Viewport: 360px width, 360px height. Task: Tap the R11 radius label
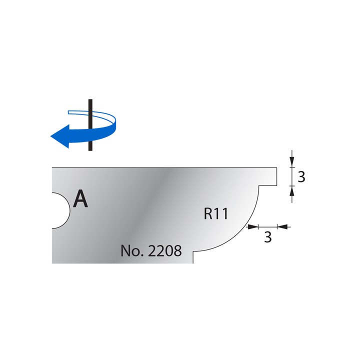216,214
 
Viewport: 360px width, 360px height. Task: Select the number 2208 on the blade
164,250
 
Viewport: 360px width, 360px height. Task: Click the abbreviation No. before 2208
131,250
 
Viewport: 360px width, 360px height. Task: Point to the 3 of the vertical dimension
301,176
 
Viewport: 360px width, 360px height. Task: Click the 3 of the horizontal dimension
267,237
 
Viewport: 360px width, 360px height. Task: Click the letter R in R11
208,214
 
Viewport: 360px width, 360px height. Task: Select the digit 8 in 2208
176,250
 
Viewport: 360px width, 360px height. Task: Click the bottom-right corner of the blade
193,263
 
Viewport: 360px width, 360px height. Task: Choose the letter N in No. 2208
125,250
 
